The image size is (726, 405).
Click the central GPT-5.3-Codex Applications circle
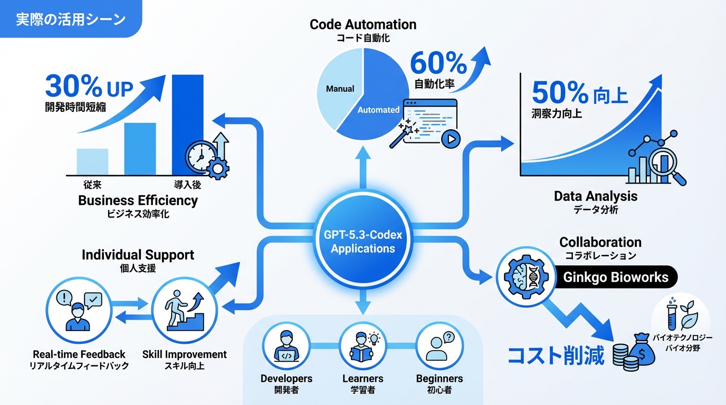pos(362,242)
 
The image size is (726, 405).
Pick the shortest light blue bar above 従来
pos(92,161)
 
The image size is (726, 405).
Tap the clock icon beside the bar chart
pos(201,157)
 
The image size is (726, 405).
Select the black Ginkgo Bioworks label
pos(616,277)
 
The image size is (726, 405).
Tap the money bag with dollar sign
pos(643,349)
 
